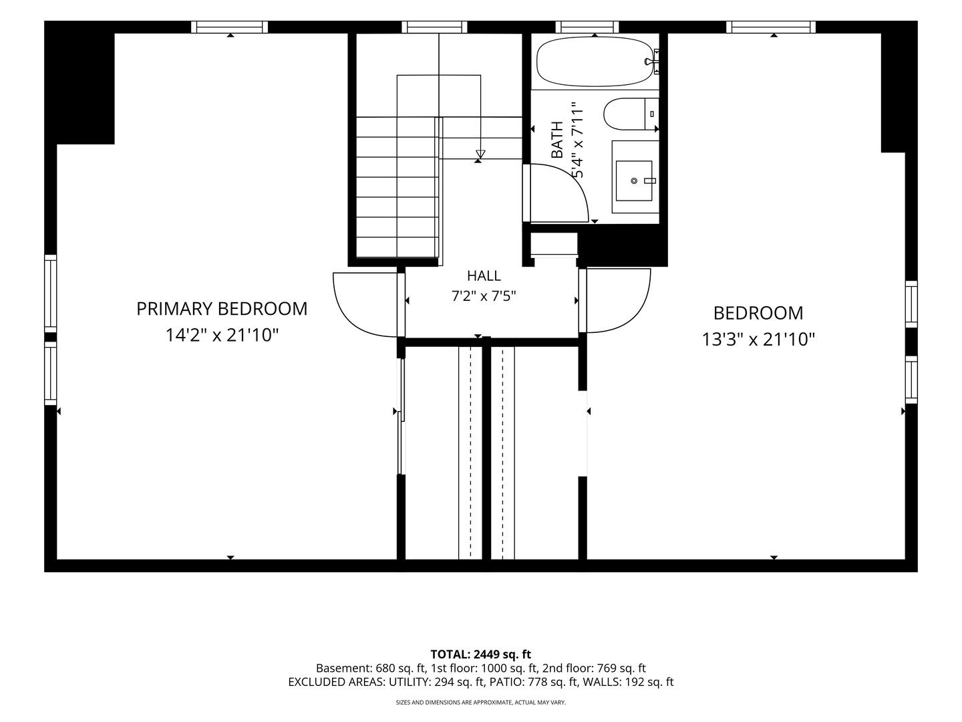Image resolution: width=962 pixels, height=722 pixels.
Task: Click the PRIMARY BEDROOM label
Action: tap(222, 309)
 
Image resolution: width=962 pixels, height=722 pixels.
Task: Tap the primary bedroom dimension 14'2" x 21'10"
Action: tap(222, 336)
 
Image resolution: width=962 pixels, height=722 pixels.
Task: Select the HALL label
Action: tap(484, 275)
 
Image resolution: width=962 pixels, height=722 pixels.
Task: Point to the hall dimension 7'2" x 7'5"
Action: tap(484, 296)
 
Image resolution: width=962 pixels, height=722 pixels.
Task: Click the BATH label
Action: tap(556, 140)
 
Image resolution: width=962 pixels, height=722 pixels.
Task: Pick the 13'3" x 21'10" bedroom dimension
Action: tap(758, 340)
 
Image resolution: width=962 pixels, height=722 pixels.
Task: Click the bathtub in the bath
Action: tap(595, 61)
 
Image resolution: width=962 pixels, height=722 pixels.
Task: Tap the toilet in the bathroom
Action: tap(631, 114)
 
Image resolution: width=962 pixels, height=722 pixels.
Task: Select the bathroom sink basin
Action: tap(634, 180)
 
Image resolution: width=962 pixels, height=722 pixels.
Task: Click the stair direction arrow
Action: tap(480, 154)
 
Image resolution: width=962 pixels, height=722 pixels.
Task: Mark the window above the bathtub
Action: tap(587, 27)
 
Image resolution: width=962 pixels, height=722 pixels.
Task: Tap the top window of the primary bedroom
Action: tap(230, 27)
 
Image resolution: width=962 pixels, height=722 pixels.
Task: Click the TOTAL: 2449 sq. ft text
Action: tap(480, 654)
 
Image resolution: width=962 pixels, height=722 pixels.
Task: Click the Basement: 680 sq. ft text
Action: tap(371, 669)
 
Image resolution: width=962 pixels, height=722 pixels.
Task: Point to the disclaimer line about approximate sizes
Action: tap(481, 702)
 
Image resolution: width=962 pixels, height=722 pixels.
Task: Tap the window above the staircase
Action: tap(434, 27)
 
